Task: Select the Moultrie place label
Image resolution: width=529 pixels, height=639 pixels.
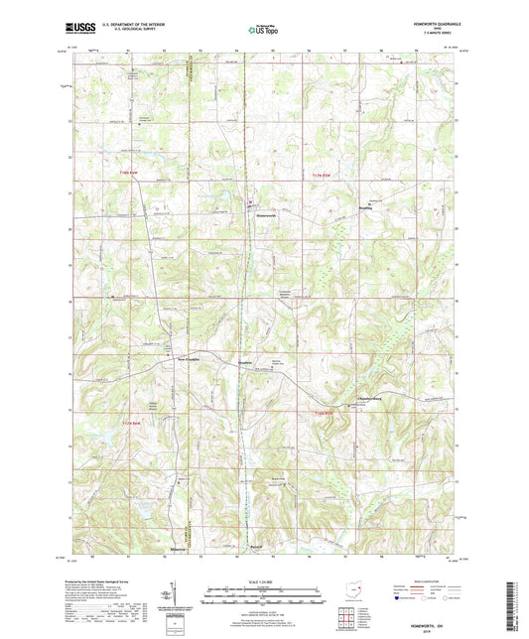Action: coord(256,363)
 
